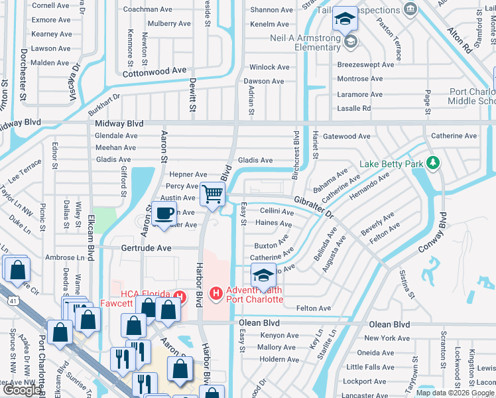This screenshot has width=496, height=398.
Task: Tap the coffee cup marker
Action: (x=164, y=214)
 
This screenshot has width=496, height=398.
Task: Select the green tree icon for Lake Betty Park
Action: (x=432, y=163)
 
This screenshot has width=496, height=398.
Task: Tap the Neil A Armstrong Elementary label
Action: (x=305, y=42)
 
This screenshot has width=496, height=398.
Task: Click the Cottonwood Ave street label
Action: (x=155, y=70)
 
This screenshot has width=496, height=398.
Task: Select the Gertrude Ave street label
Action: (x=146, y=247)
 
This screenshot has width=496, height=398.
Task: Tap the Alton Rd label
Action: (x=459, y=39)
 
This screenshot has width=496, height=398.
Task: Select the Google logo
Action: (x=21, y=391)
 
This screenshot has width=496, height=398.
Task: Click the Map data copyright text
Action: (x=454, y=393)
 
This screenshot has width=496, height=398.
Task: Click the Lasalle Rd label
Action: (x=353, y=108)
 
